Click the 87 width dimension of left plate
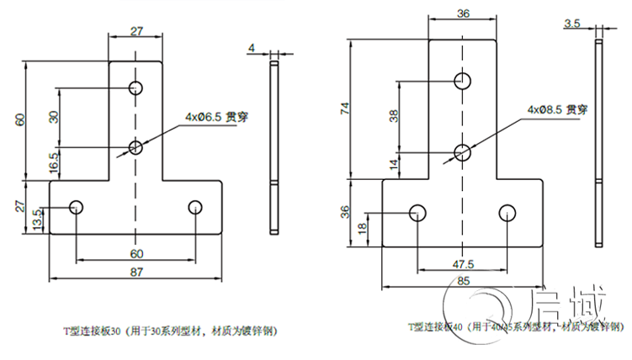point(135,273)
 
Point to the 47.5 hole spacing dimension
point(462,263)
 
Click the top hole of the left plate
point(136,87)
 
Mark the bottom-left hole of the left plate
point(77,206)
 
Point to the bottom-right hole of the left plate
point(195,206)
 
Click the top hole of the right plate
point(462,81)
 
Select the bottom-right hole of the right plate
point(507,213)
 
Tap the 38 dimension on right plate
point(393,116)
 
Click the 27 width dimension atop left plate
point(136,30)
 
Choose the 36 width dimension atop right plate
point(462,13)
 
